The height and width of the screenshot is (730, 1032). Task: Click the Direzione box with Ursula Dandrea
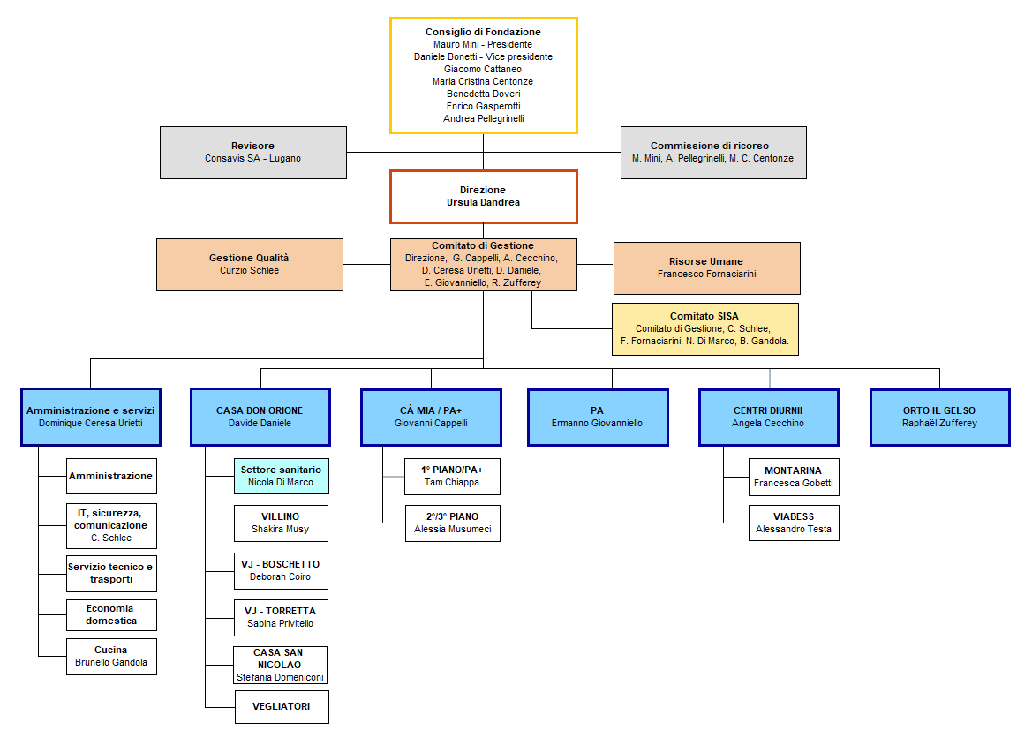[x=483, y=196]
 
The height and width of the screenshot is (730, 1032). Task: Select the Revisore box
[x=252, y=153]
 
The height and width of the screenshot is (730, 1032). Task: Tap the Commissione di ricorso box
[x=712, y=153]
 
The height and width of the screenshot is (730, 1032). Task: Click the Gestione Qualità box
[x=249, y=264]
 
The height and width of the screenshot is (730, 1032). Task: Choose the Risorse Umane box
[x=706, y=267]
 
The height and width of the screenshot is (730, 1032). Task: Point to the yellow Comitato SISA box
[x=704, y=328]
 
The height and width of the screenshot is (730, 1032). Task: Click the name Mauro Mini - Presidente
[x=483, y=44]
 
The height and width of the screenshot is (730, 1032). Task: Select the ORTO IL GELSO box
[x=939, y=417]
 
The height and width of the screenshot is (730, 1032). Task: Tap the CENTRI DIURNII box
[x=768, y=417]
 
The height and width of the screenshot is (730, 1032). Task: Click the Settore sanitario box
[x=281, y=476]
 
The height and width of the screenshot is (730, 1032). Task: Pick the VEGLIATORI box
[x=281, y=706]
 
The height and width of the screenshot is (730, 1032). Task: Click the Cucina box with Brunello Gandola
[x=111, y=656]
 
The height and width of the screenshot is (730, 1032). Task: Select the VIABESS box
[x=794, y=523]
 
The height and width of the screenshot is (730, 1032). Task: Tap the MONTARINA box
[x=794, y=477]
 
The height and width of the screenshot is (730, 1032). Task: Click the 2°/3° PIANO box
[x=453, y=523]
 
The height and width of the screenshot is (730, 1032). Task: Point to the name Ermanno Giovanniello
[x=598, y=423]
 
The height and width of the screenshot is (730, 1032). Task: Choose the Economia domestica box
[x=111, y=614]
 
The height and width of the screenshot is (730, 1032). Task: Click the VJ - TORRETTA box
[x=281, y=617]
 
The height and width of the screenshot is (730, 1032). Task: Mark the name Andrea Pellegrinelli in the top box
[x=483, y=118]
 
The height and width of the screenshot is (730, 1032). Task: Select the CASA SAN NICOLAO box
[x=280, y=665]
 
